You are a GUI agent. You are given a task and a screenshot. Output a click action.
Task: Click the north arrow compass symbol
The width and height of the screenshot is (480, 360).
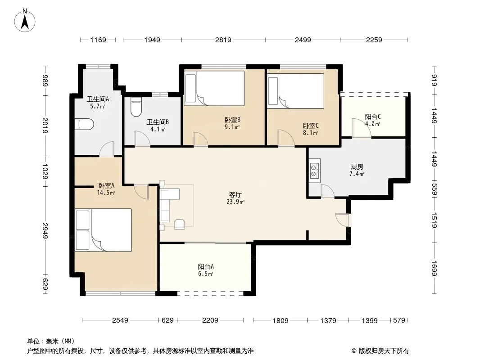(x=25, y=21)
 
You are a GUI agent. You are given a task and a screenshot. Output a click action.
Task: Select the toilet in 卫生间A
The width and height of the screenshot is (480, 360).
(x=85, y=124)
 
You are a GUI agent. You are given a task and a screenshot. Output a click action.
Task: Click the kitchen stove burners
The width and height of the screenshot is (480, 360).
(x=314, y=171)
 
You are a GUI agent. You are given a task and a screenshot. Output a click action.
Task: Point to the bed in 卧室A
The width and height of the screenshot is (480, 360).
(x=103, y=230)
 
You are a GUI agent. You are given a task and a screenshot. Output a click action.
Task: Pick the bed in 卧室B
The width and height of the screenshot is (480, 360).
(x=214, y=88)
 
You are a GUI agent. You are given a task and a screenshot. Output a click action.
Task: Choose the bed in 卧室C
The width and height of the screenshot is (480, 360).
(x=296, y=91)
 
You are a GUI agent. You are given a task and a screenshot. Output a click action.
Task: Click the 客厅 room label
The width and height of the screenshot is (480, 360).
(x=235, y=194)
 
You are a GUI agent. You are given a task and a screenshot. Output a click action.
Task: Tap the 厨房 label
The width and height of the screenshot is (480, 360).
(x=357, y=166)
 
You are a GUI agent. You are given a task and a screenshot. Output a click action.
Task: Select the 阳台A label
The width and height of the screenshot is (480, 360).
(x=206, y=266)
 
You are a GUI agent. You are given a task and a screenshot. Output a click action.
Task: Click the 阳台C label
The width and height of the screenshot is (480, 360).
(x=373, y=117)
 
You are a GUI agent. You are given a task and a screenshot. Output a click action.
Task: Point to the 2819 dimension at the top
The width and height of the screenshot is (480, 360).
(x=223, y=40)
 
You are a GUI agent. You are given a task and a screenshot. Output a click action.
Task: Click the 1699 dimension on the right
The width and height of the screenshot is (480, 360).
(x=434, y=268)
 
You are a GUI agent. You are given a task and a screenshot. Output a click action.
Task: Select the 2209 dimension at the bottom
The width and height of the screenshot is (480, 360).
(x=210, y=320)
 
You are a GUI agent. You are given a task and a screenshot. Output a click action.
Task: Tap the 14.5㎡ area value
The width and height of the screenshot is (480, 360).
(x=106, y=193)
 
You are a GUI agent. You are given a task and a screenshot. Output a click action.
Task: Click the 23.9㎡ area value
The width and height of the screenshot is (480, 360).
(x=235, y=202)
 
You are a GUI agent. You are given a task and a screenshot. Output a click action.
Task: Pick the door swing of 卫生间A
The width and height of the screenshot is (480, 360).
(x=107, y=149)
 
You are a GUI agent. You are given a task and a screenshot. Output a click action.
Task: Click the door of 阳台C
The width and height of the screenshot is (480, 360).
(x=362, y=128)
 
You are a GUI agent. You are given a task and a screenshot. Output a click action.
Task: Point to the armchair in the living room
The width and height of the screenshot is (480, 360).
(x=180, y=224)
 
